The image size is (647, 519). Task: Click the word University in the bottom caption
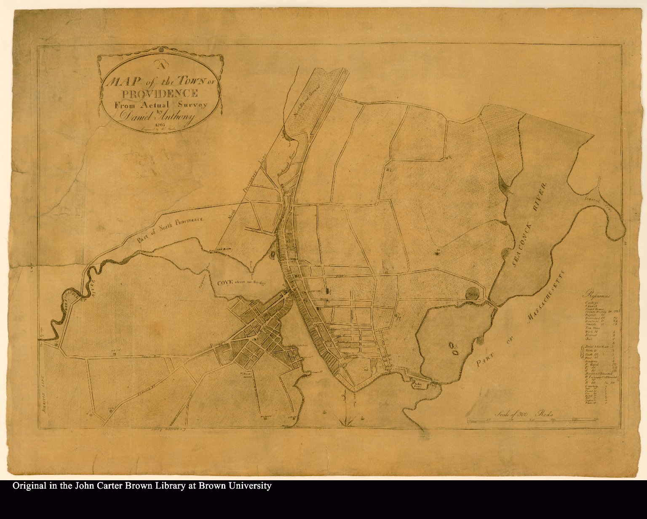tap(249, 486)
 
